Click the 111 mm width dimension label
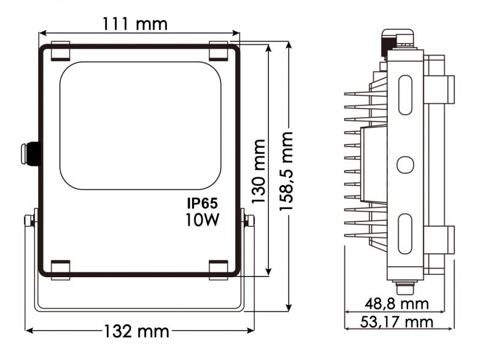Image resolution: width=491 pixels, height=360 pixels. [x=135, y=25]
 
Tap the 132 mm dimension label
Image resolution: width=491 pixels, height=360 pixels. [x=136, y=332]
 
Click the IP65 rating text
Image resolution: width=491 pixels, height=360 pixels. [x=203, y=203]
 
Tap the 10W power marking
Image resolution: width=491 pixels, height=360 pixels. [x=203, y=220]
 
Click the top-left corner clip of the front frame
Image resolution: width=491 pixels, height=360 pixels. [x=60, y=50]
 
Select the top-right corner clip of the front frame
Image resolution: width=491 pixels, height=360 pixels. [x=218, y=50]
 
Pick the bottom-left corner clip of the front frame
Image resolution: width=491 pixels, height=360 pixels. [x=60, y=269]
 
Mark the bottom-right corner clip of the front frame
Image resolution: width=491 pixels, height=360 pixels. [x=218, y=269]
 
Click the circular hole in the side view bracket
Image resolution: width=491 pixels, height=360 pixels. [x=405, y=164]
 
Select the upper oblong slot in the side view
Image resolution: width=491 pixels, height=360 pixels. [x=406, y=94]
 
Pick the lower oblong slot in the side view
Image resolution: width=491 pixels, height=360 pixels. [x=406, y=234]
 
